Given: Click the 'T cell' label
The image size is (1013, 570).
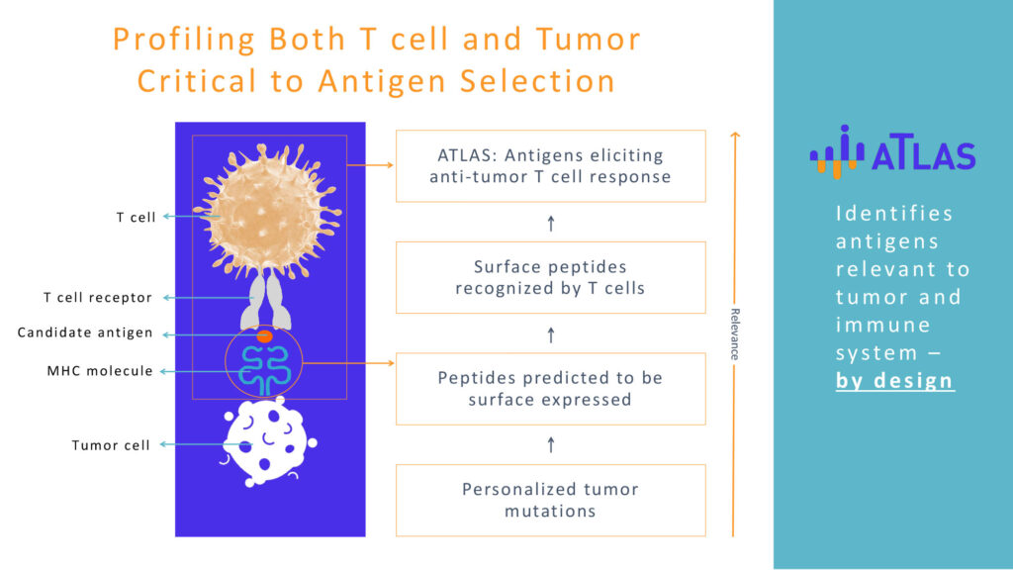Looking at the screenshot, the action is coord(136,217).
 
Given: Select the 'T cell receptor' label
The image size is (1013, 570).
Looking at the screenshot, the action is coord(98,297).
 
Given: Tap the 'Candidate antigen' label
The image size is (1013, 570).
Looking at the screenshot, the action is coord(85,332).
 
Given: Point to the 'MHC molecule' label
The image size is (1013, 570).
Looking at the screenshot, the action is coord(100,371).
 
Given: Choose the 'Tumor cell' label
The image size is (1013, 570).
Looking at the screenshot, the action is coord(111,445).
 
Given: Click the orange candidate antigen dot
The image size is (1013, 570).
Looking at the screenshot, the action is coord(264,336).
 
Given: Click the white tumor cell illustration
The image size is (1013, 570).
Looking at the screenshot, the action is coord(269,442).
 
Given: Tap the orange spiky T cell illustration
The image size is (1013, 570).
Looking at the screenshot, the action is coord(267,210).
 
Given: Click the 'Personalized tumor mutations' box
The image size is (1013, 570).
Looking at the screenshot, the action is coord(550,500).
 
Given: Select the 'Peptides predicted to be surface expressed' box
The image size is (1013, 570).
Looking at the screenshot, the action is coord(550,388).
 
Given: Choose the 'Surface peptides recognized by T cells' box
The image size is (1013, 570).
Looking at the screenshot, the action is coord(550,277).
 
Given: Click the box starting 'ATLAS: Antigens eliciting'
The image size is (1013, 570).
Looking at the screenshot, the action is coord(550,166).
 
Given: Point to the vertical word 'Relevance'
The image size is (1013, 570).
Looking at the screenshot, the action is coord(735,334).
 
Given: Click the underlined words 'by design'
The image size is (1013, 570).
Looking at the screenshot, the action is coord(894,381).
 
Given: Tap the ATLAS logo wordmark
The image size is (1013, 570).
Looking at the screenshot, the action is coord(923,154).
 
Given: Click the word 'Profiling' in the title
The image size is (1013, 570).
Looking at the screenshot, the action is coord(184,39).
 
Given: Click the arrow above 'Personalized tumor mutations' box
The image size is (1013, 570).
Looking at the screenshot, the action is coord(551,444).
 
